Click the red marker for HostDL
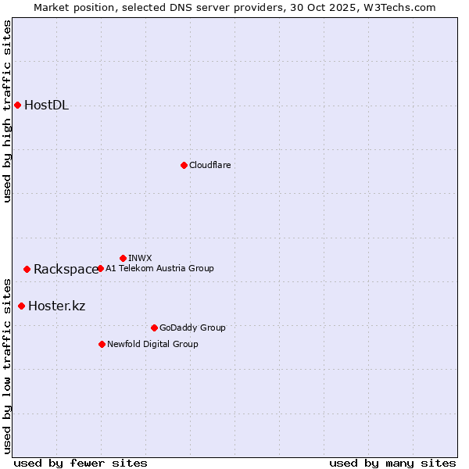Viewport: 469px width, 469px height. [x=17, y=105]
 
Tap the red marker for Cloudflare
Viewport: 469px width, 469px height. [x=184, y=165]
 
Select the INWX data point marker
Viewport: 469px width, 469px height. [x=123, y=258]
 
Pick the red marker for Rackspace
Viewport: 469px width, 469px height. [x=27, y=269]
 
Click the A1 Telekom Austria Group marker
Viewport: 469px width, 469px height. [x=100, y=268]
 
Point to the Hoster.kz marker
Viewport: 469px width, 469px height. [x=21, y=306]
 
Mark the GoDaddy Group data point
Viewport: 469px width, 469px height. [x=154, y=328]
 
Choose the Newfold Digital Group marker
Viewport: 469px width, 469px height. [x=102, y=344]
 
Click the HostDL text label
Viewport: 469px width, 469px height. [x=46, y=106]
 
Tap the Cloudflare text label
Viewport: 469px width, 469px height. [x=209, y=165]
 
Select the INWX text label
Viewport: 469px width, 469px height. [x=140, y=258]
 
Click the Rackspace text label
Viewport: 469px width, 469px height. [x=66, y=270]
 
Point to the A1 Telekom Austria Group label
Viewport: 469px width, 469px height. [x=159, y=268]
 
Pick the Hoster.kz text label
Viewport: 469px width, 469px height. [x=56, y=306]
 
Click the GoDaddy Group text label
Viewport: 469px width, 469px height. [x=192, y=328]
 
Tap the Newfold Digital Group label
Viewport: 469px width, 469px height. [x=152, y=344]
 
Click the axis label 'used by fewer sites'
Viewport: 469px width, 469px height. [x=81, y=463]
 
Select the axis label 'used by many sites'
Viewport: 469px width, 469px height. [x=392, y=463]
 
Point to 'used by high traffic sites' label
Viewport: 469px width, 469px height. [x=8, y=111]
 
